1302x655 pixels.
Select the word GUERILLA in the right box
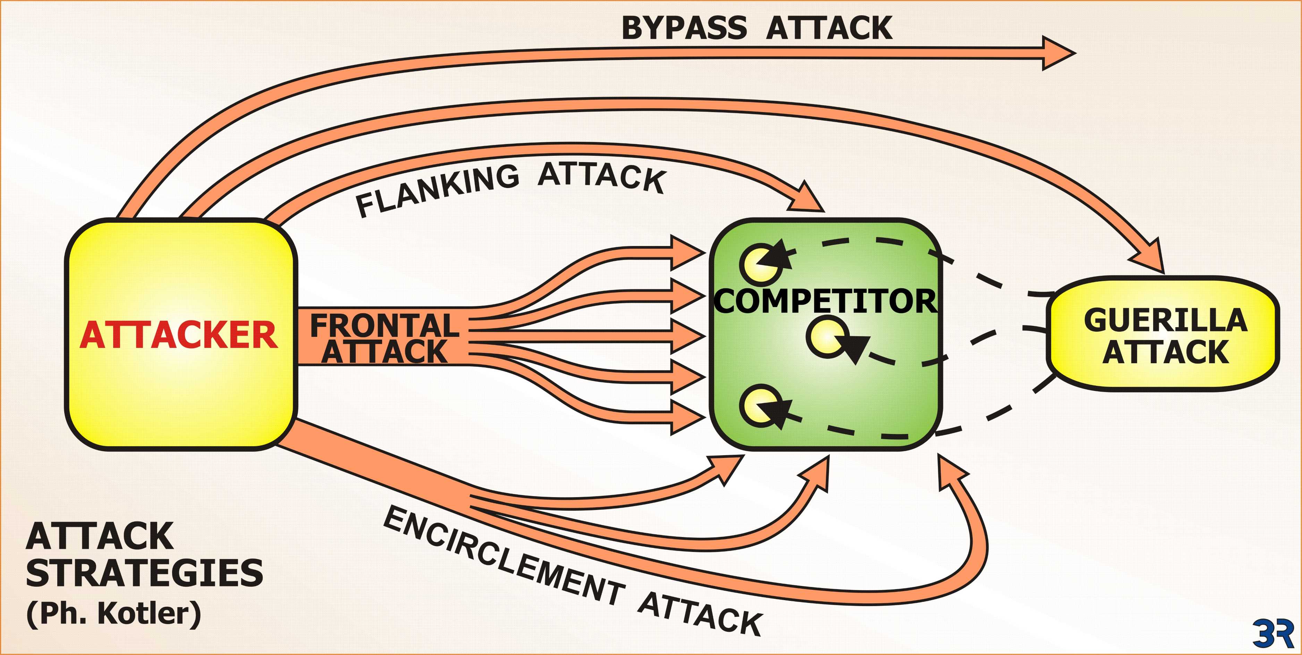pos(1165,321)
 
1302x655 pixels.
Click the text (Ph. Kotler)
pos(114,613)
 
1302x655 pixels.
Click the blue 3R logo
pos(1273,633)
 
